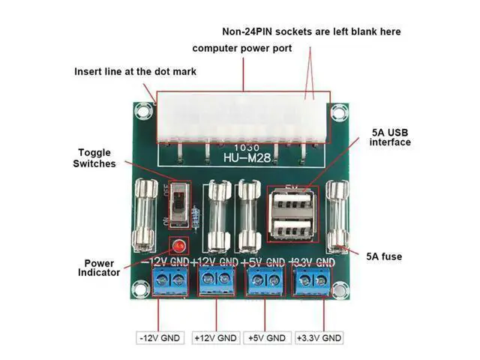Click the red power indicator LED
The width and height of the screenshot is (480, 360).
[179, 246]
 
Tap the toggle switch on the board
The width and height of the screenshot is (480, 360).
[178, 203]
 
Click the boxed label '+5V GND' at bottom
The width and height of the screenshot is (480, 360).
[266, 338]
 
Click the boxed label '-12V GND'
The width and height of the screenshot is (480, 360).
[160, 338]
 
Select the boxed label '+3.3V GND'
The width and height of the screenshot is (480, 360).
[319, 338]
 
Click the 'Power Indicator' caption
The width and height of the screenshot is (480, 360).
[99, 267]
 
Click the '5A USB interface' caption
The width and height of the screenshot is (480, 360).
[391, 136]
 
